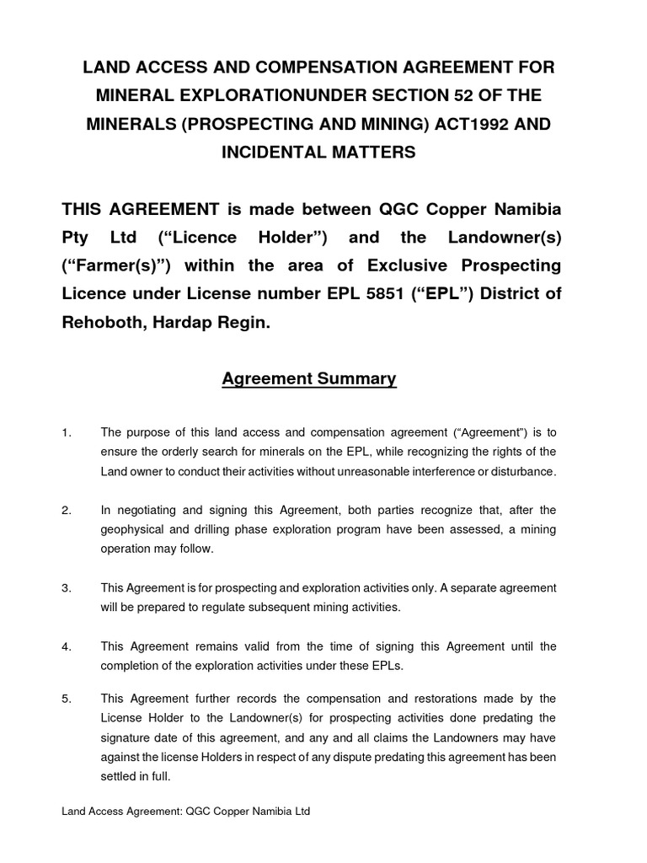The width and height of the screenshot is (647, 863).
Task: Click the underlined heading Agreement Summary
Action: (x=308, y=379)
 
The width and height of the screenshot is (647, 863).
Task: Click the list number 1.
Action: (x=67, y=432)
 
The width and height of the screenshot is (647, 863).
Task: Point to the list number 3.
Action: (x=67, y=587)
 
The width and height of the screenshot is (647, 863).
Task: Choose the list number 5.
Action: (x=67, y=699)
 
